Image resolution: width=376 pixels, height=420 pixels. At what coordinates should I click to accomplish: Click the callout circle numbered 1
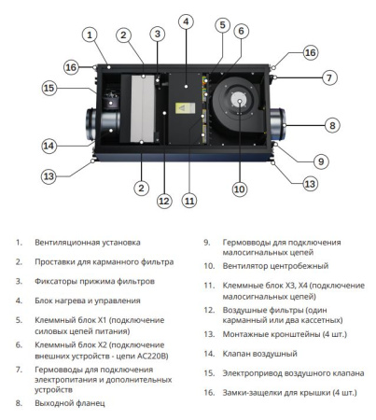(89, 35)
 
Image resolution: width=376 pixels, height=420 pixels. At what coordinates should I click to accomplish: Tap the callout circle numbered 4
(186, 21)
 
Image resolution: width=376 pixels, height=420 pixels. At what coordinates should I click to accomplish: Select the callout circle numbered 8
(330, 124)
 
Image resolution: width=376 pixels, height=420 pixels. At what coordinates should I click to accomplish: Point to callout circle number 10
(238, 189)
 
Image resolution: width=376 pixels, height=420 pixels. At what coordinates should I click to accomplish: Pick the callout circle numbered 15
(49, 88)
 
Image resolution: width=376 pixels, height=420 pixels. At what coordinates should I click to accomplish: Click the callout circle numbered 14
(49, 145)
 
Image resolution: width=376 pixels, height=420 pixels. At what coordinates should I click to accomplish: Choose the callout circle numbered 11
(189, 200)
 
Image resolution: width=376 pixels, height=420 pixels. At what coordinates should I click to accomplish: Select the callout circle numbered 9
(320, 161)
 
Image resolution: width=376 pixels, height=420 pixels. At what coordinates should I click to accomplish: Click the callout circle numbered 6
(240, 31)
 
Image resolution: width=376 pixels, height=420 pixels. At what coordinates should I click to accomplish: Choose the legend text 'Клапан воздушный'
(249, 354)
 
